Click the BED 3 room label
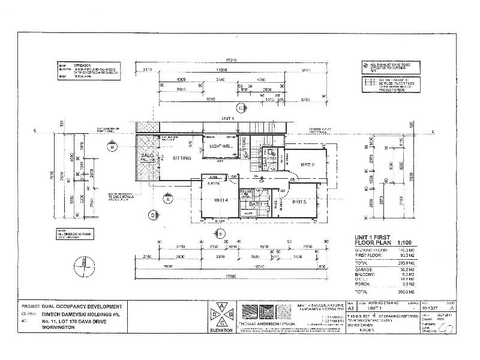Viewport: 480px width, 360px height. (300, 202)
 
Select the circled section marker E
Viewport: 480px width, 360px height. (220, 233)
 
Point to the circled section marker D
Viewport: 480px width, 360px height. (153, 214)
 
